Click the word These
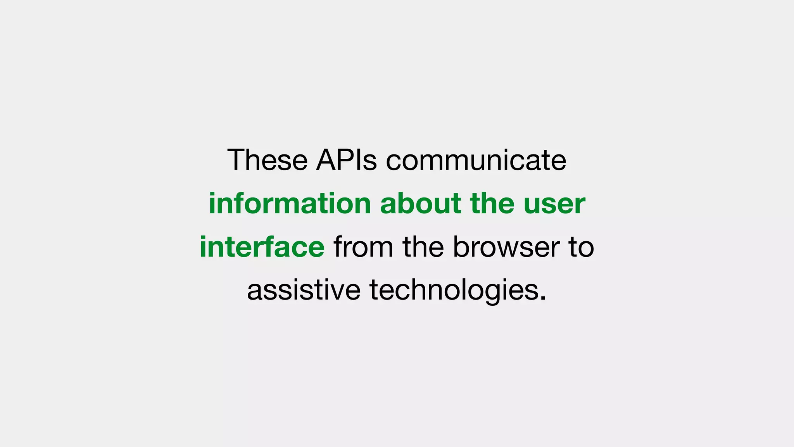pyautogui.click(x=268, y=160)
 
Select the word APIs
pyautogui.click(x=346, y=160)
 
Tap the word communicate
pyautogui.click(x=476, y=160)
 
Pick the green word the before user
pyautogui.click(x=492, y=203)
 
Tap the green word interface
pyautogui.click(x=262, y=247)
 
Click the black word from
pyautogui.click(x=363, y=247)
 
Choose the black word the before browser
pyautogui.click(x=423, y=247)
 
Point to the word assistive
pyautogui.click(x=304, y=290)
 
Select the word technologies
pyautogui.click(x=454, y=291)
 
